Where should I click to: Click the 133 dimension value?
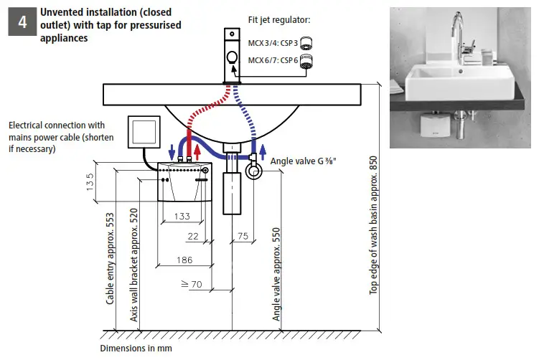[x=182, y=216]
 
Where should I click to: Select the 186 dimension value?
[x=184, y=260]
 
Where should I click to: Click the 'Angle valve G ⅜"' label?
[x=301, y=161]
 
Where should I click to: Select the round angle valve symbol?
[x=253, y=171]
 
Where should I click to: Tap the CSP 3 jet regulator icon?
[x=306, y=42]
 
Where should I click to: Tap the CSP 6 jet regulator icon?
[x=308, y=61]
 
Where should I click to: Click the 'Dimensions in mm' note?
[x=136, y=349]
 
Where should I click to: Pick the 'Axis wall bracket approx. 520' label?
[x=133, y=267]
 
